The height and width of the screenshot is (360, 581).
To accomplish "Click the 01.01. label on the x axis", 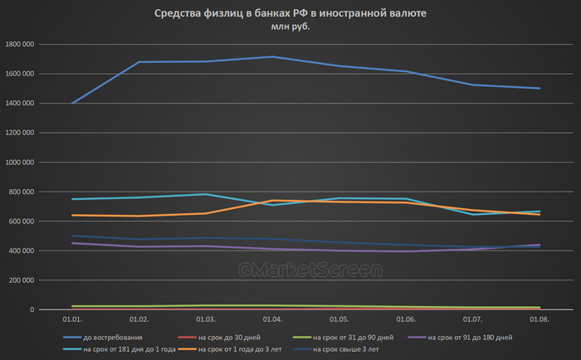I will pos(71,319).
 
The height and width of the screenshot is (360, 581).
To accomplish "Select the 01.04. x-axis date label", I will pos(272,319).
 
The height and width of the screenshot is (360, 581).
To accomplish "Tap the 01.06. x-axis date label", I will pos(406,319).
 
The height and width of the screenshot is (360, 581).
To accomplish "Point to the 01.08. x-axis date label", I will pos(539,319).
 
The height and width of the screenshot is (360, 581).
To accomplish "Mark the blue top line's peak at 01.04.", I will pos(272,56).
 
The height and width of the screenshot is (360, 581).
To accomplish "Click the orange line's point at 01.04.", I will pos(272,201).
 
